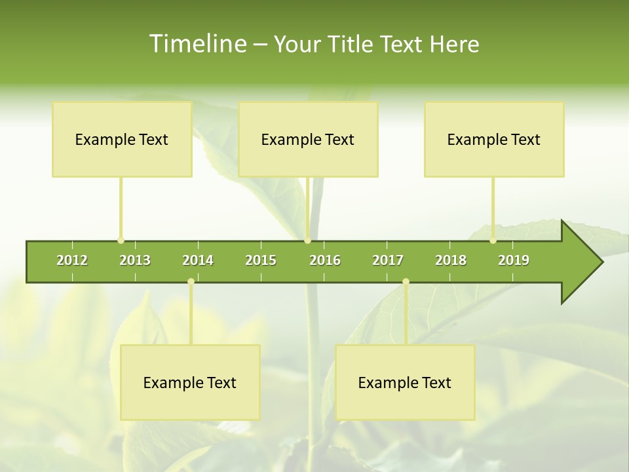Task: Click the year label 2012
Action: tap(72, 260)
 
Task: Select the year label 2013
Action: tap(135, 260)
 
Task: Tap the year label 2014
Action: tap(198, 260)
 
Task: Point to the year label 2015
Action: tap(261, 260)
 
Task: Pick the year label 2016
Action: tap(325, 260)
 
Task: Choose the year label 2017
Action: tap(388, 260)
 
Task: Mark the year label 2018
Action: tap(451, 260)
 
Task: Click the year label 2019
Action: tap(514, 260)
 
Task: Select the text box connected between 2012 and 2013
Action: tap(122, 139)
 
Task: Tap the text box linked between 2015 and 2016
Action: tap(308, 139)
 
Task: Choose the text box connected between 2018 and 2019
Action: tap(494, 139)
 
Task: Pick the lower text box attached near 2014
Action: tap(190, 382)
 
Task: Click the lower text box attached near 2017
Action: tap(405, 382)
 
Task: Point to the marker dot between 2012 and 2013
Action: tap(121, 241)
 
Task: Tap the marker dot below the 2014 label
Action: tap(191, 282)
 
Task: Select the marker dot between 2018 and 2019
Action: tap(493, 241)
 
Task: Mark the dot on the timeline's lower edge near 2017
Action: tap(406, 282)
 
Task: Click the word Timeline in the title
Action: tap(197, 44)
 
